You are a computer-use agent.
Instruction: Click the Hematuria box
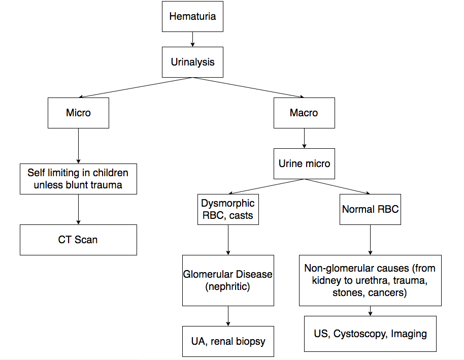[x=192, y=16]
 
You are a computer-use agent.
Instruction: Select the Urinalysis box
[x=192, y=62]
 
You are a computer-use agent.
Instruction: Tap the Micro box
[x=78, y=113]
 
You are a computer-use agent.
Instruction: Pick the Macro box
[x=304, y=113]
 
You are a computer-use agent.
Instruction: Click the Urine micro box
[x=304, y=163]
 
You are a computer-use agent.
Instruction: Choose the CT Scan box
[x=78, y=239]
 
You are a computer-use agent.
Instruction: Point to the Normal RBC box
[x=370, y=209]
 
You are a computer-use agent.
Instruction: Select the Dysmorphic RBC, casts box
[x=228, y=209]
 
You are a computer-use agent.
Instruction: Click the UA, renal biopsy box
[x=228, y=341]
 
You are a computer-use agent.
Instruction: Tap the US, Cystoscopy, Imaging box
[x=370, y=334]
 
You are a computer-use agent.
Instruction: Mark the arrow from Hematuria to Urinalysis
[x=192, y=39]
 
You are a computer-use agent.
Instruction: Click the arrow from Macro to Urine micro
[x=304, y=138]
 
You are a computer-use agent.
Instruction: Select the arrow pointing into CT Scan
[x=78, y=209]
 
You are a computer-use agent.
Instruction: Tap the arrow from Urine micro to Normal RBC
[x=337, y=186]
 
